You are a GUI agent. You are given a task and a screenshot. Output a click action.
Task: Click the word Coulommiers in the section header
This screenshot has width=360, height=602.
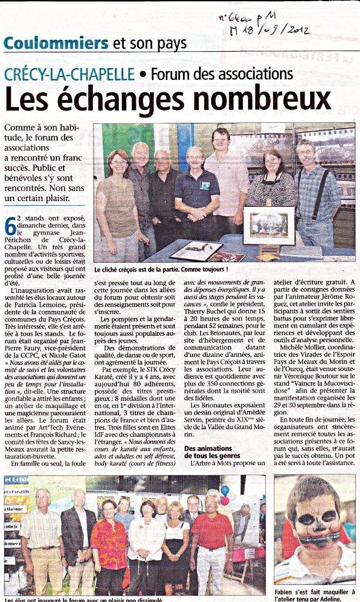[x=56, y=43]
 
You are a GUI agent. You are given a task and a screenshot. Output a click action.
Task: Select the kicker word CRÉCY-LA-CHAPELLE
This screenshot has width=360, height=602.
[x=69, y=75]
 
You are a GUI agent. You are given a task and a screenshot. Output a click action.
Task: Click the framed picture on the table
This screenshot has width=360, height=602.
[x=269, y=225]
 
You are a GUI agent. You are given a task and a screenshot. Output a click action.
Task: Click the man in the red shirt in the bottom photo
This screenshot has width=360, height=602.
[x=211, y=538]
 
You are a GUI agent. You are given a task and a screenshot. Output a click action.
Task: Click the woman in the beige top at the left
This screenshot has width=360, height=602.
[x=118, y=200]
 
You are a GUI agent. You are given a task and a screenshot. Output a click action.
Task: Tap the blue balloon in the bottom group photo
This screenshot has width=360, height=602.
[x=225, y=490]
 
